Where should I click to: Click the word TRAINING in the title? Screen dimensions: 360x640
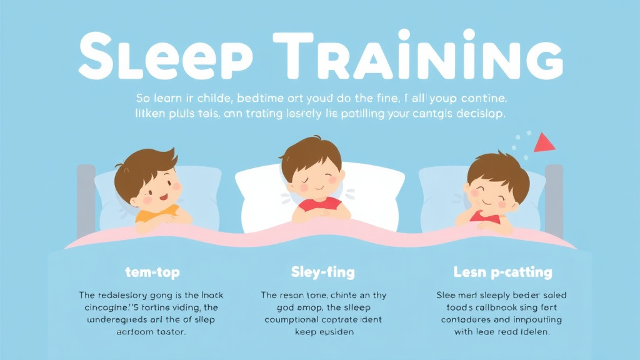[431, 52]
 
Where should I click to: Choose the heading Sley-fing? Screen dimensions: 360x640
[322, 272]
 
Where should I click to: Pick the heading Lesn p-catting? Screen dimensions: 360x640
[502, 272]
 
